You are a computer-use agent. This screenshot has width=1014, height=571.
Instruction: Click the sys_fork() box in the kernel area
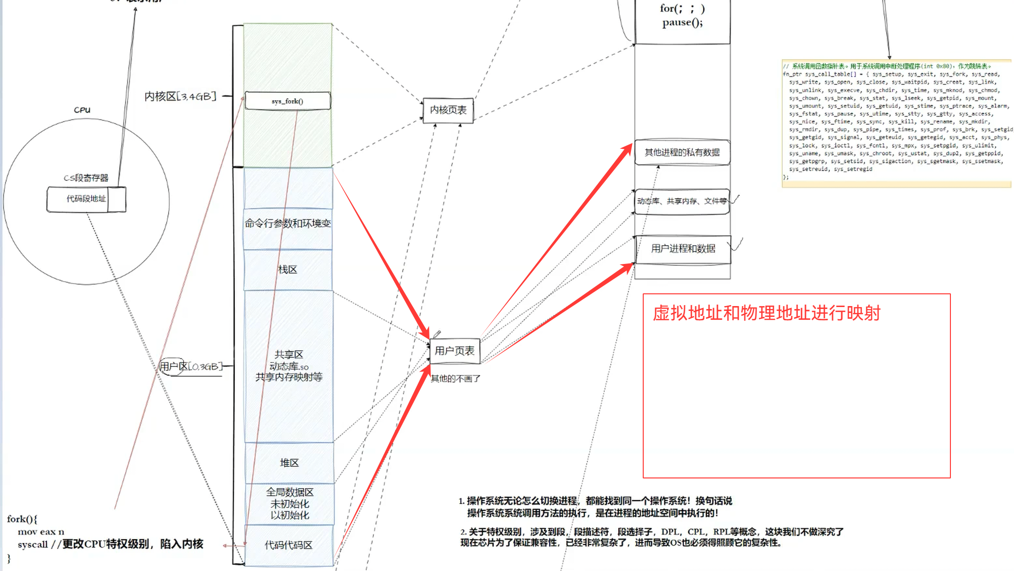click(x=288, y=101)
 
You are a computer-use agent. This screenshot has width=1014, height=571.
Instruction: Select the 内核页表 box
click(x=448, y=110)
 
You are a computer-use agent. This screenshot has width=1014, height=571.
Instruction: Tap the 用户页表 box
click(x=454, y=351)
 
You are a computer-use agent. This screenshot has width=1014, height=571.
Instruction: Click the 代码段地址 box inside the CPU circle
click(x=86, y=199)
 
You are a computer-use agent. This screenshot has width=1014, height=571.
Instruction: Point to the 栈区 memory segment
click(x=288, y=270)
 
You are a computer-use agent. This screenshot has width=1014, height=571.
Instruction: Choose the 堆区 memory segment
click(x=289, y=463)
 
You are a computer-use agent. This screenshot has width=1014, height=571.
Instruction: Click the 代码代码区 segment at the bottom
click(x=289, y=545)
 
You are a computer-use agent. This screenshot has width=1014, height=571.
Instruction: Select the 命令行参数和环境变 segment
click(x=288, y=224)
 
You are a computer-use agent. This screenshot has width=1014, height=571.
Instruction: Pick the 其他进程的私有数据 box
click(x=682, y=152)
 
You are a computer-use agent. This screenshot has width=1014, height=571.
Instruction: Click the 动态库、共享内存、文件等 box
click(x=682, y=201)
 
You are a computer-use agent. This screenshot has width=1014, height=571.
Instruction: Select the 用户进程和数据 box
click(x=683, y=249)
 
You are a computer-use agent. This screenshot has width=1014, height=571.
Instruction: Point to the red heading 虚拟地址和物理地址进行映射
click(x=766, y=313)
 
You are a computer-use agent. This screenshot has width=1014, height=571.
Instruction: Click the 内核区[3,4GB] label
click(x=180, y=96)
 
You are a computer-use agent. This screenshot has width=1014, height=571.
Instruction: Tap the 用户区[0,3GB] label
click(x=191, y=366)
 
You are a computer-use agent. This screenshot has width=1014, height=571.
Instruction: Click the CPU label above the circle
click(x=82, y=110)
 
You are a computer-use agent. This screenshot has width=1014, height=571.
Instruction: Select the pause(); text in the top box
click(x=682, y=23)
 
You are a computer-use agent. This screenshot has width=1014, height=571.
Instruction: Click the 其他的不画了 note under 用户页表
click(x=455, y=379)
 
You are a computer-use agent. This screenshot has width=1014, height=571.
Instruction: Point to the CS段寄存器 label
click(x=86, y=178)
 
